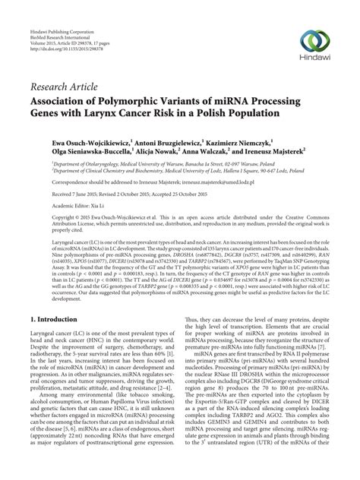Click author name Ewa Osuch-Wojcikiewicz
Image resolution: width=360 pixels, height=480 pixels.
84,141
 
